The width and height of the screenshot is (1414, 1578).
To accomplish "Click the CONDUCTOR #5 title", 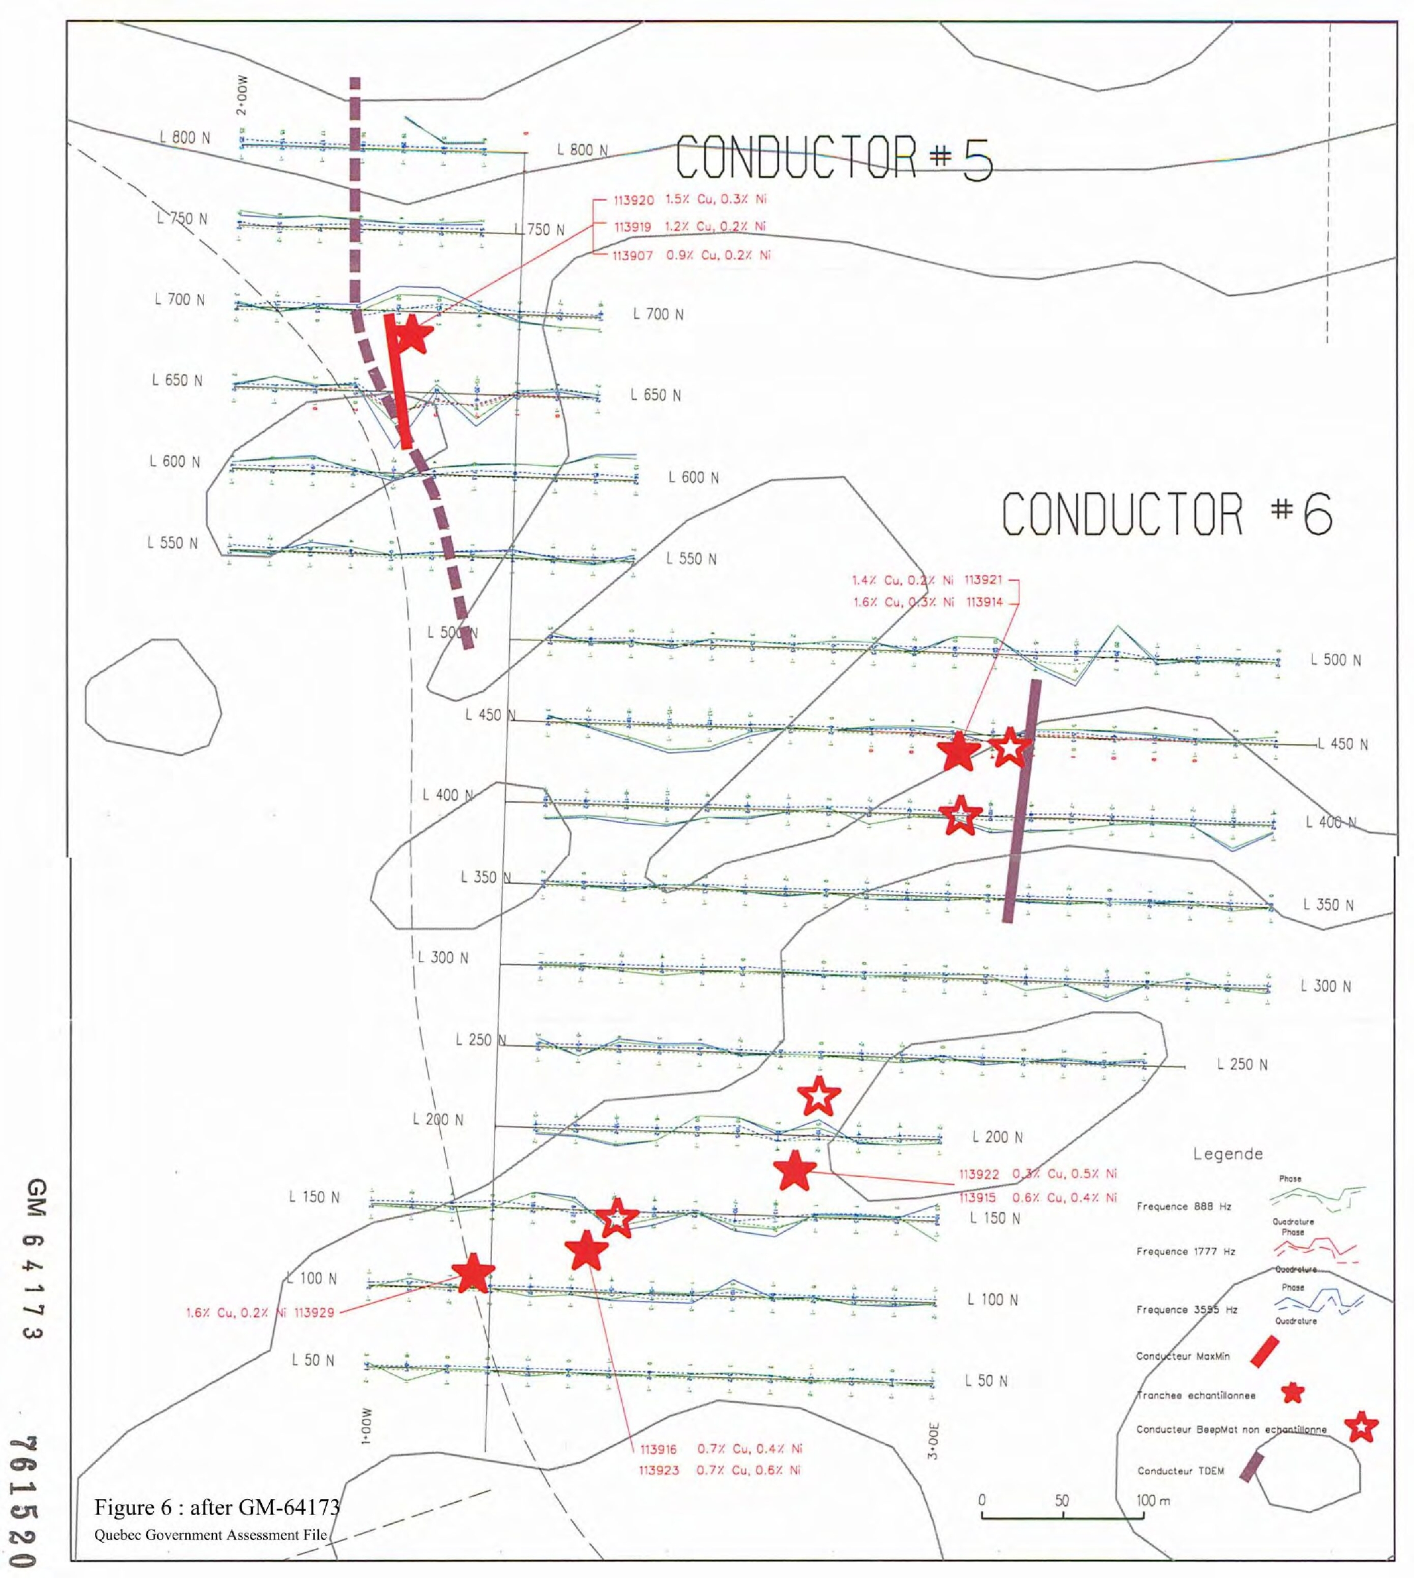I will coord(833,158).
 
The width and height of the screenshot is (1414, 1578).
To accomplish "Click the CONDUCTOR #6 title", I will coord(1166,514).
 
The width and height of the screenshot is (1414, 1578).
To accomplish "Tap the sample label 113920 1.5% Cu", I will coord(689,200).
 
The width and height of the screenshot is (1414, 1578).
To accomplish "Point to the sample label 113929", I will coord(260,1312).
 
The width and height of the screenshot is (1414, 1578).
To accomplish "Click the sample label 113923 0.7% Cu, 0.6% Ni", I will coord(719,1470).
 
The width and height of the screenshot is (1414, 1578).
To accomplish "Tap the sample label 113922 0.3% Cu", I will coord(1037,1174).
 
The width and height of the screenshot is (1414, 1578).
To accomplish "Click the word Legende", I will coord(1227,1154).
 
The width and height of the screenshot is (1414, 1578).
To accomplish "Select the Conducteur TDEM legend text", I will coord(1180,1471).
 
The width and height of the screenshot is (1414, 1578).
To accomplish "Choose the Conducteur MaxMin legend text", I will coord(1182,1356).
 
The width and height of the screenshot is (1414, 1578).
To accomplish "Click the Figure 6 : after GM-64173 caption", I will coord(217,1507).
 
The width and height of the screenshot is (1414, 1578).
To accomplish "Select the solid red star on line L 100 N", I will coord(472,1273).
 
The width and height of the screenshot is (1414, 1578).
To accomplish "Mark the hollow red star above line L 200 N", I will coord(819,1095).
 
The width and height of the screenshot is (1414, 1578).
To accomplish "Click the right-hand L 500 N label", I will coord(1336,660).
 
